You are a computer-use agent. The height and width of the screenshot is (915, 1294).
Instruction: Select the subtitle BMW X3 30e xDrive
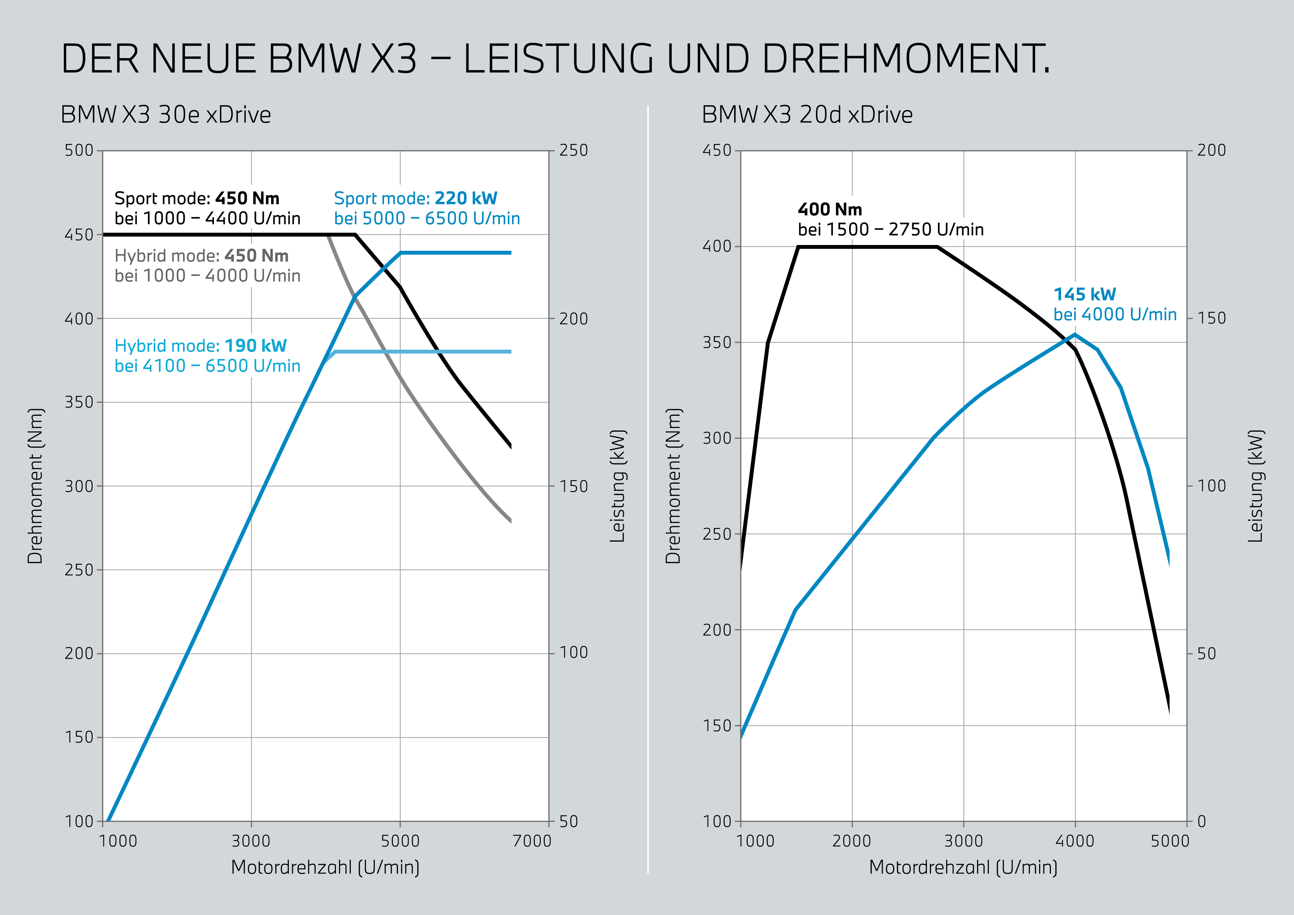tap(166, 115)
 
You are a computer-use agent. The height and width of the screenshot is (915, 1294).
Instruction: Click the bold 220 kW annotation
tap(466, 198)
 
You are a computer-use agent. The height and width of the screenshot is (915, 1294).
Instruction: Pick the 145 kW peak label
tap(1084, 294)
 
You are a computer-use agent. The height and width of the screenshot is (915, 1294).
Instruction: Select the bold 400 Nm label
tap(830, 210)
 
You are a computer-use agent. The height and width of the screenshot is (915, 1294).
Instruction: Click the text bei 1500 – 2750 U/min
tap(890, 230)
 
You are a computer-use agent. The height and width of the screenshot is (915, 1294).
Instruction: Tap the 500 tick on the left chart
tap(79, 151)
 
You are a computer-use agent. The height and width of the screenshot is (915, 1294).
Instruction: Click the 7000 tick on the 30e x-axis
tap(532, 841)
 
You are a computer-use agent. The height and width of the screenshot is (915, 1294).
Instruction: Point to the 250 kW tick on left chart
tap(574, 151)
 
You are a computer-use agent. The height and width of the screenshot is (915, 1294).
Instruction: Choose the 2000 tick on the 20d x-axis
tap(852, 841)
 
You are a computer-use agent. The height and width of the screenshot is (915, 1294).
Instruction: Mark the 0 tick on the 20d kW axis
tap(1201, 821)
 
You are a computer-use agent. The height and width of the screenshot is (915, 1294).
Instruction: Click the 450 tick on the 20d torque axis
tap(717, 151)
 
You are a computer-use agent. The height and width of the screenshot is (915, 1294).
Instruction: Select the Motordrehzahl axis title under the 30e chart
tap(325, 867)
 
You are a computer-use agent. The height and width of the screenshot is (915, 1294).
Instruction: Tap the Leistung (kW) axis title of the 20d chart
tap(1256, 486)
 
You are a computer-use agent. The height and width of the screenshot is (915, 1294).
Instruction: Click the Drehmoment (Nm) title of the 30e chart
tap(35, 486)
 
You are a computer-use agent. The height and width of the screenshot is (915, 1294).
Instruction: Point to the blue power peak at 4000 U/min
tap(1075, 335)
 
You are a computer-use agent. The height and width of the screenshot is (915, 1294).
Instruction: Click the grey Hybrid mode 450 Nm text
tap(201, 256)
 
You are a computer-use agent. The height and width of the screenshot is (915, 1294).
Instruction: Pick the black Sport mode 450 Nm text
tap(197, 198)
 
